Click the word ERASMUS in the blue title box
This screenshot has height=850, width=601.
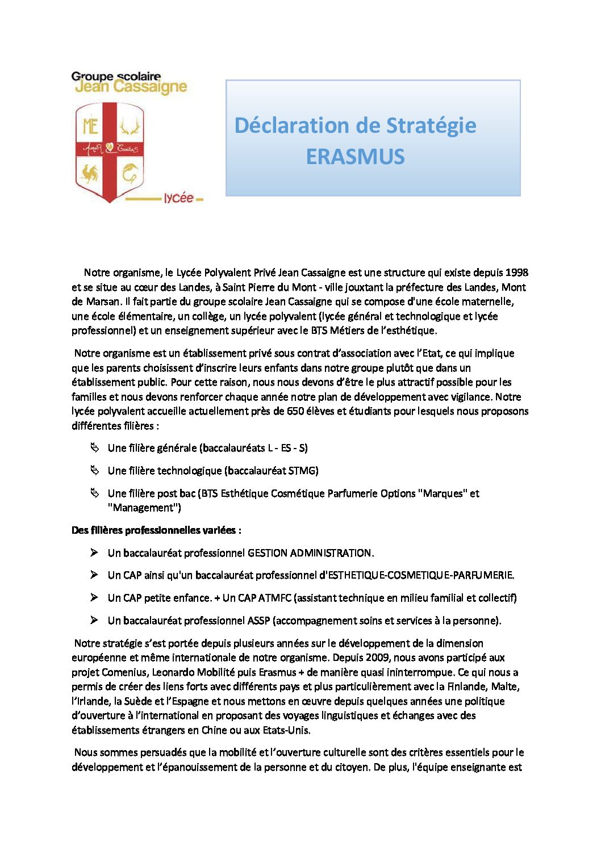pyautogui.click(x=355, y=157)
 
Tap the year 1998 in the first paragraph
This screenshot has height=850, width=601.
pyautogui.click(x=516, y=273)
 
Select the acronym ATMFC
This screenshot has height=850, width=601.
pyautogui.click(x=274, y=598)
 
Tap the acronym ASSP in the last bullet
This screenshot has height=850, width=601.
pyautogui.click(x=258, y=621)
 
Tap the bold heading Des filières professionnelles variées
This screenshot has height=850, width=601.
pyautogui.click(x=156, y=530)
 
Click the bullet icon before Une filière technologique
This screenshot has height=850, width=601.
pyautogui.click(x=94, y=470)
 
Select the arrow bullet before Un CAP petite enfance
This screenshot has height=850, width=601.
pyautogui.click(x=94, y=597)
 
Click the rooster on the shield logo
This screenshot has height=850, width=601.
pyautogui.click(x=90, y=173)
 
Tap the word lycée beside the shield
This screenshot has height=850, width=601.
pyautogui.click(x=178, y=198)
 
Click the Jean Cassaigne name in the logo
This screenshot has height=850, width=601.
pyautogui.click(x=131, y=87)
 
